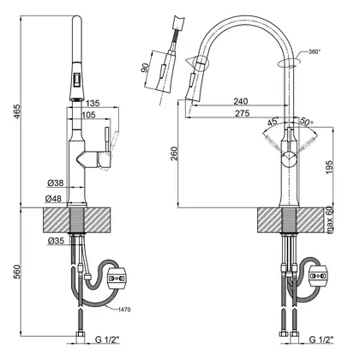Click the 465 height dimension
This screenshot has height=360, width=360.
click(18, 112)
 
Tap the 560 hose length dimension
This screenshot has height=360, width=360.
click(18, 272)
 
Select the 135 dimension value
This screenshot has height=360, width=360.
click(93, 103)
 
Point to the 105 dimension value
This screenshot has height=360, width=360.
click(88, 115)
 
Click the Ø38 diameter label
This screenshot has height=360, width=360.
click(56, 183)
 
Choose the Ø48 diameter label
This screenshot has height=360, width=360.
click(53, 198)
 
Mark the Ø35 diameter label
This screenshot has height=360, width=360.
click(56, 241)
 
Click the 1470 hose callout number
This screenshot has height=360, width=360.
click(125, 309)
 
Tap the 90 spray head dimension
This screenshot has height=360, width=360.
click(145, 68)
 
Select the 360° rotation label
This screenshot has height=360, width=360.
click(315, 51)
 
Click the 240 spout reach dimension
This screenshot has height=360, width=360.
click(241, 101)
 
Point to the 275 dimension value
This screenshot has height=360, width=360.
click(243, 113)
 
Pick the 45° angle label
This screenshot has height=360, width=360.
click(273, 122)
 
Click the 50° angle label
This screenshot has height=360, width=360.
click(306, 122)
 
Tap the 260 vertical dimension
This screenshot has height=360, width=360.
click(175, 153)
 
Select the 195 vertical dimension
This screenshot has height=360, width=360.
click(329, 167)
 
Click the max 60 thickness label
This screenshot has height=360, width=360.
click(330, 219)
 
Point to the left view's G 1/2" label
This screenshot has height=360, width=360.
click(107, 339)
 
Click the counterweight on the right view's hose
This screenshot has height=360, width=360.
click(319, 275)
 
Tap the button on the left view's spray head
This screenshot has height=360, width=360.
click(77, 79)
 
